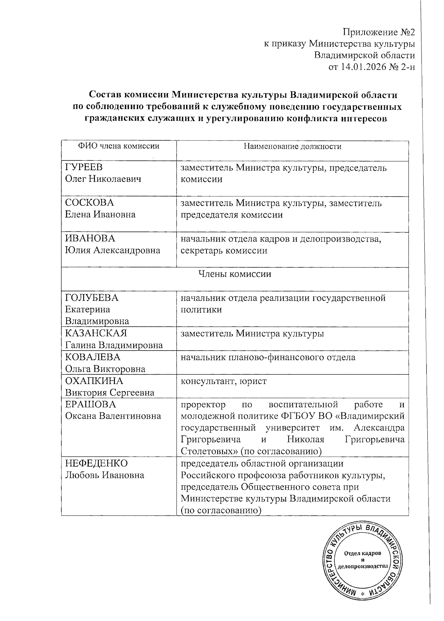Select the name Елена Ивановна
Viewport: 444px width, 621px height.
[x=100, y=215]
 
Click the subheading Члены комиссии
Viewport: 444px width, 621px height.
[x=235, y=274]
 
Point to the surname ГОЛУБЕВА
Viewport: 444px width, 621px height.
[x=92, y=298]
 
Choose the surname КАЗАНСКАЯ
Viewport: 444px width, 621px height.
[x=96, y=333]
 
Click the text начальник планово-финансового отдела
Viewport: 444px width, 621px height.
[x=268, y=357]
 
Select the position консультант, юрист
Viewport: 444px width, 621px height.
[x=223, y=381]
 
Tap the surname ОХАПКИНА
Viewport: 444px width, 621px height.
[x=94, y=381]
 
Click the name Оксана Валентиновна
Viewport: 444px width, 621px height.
[x=113, y=416]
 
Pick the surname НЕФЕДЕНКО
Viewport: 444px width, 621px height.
[x=96, y=463]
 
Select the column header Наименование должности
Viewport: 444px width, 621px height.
[x=292, y=146]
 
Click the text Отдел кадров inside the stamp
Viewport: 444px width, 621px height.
[x=362, y=554]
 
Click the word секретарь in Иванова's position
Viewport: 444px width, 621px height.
[x=202, y=251]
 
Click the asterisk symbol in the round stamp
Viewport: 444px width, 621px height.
[x=362, y=593]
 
